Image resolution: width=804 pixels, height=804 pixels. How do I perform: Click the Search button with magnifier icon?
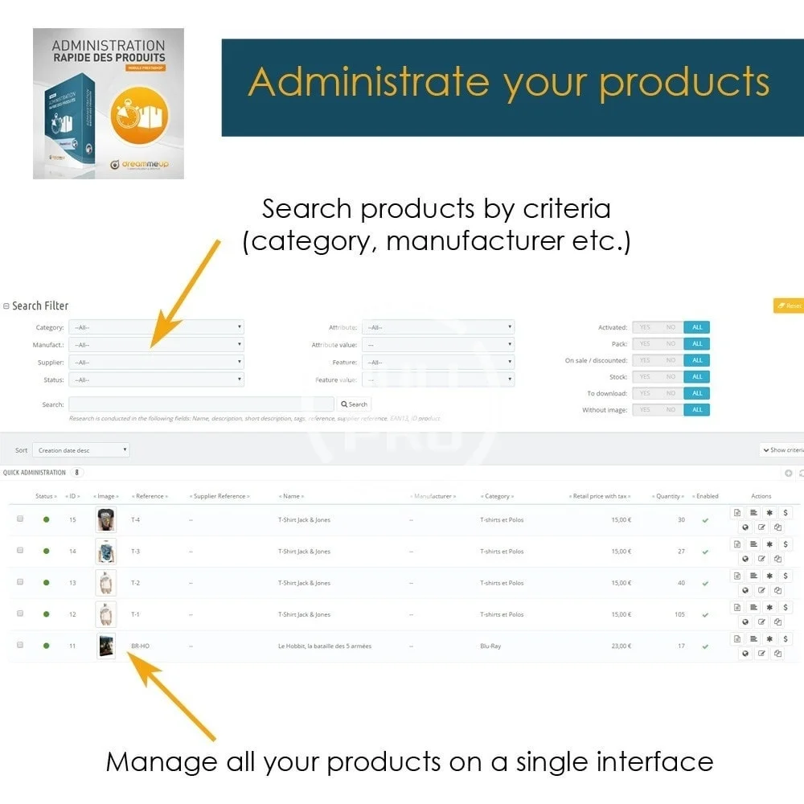355,404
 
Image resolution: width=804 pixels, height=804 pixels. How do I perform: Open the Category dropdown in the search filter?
156,327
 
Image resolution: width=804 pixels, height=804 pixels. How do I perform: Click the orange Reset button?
789,306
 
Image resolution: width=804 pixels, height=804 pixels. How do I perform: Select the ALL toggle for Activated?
697,327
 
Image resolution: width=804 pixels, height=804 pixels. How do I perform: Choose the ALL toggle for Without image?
697,410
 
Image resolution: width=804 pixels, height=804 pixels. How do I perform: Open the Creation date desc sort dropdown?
81,450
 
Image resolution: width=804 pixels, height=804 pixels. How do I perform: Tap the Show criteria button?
782,450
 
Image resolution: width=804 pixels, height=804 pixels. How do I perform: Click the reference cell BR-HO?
141,646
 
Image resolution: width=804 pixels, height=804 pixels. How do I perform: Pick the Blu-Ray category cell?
490,646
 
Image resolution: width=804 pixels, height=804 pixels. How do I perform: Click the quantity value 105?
679,615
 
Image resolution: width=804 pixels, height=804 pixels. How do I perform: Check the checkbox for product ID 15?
20,519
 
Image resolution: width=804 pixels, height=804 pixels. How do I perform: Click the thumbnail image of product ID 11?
105,646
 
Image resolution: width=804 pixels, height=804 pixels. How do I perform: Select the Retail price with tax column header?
601,496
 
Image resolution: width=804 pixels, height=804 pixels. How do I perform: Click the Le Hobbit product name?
324,646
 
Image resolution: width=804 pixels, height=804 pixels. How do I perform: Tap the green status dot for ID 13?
47,583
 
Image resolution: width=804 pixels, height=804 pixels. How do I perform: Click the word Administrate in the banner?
367,83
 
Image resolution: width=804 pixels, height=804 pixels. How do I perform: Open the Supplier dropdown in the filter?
156,363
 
